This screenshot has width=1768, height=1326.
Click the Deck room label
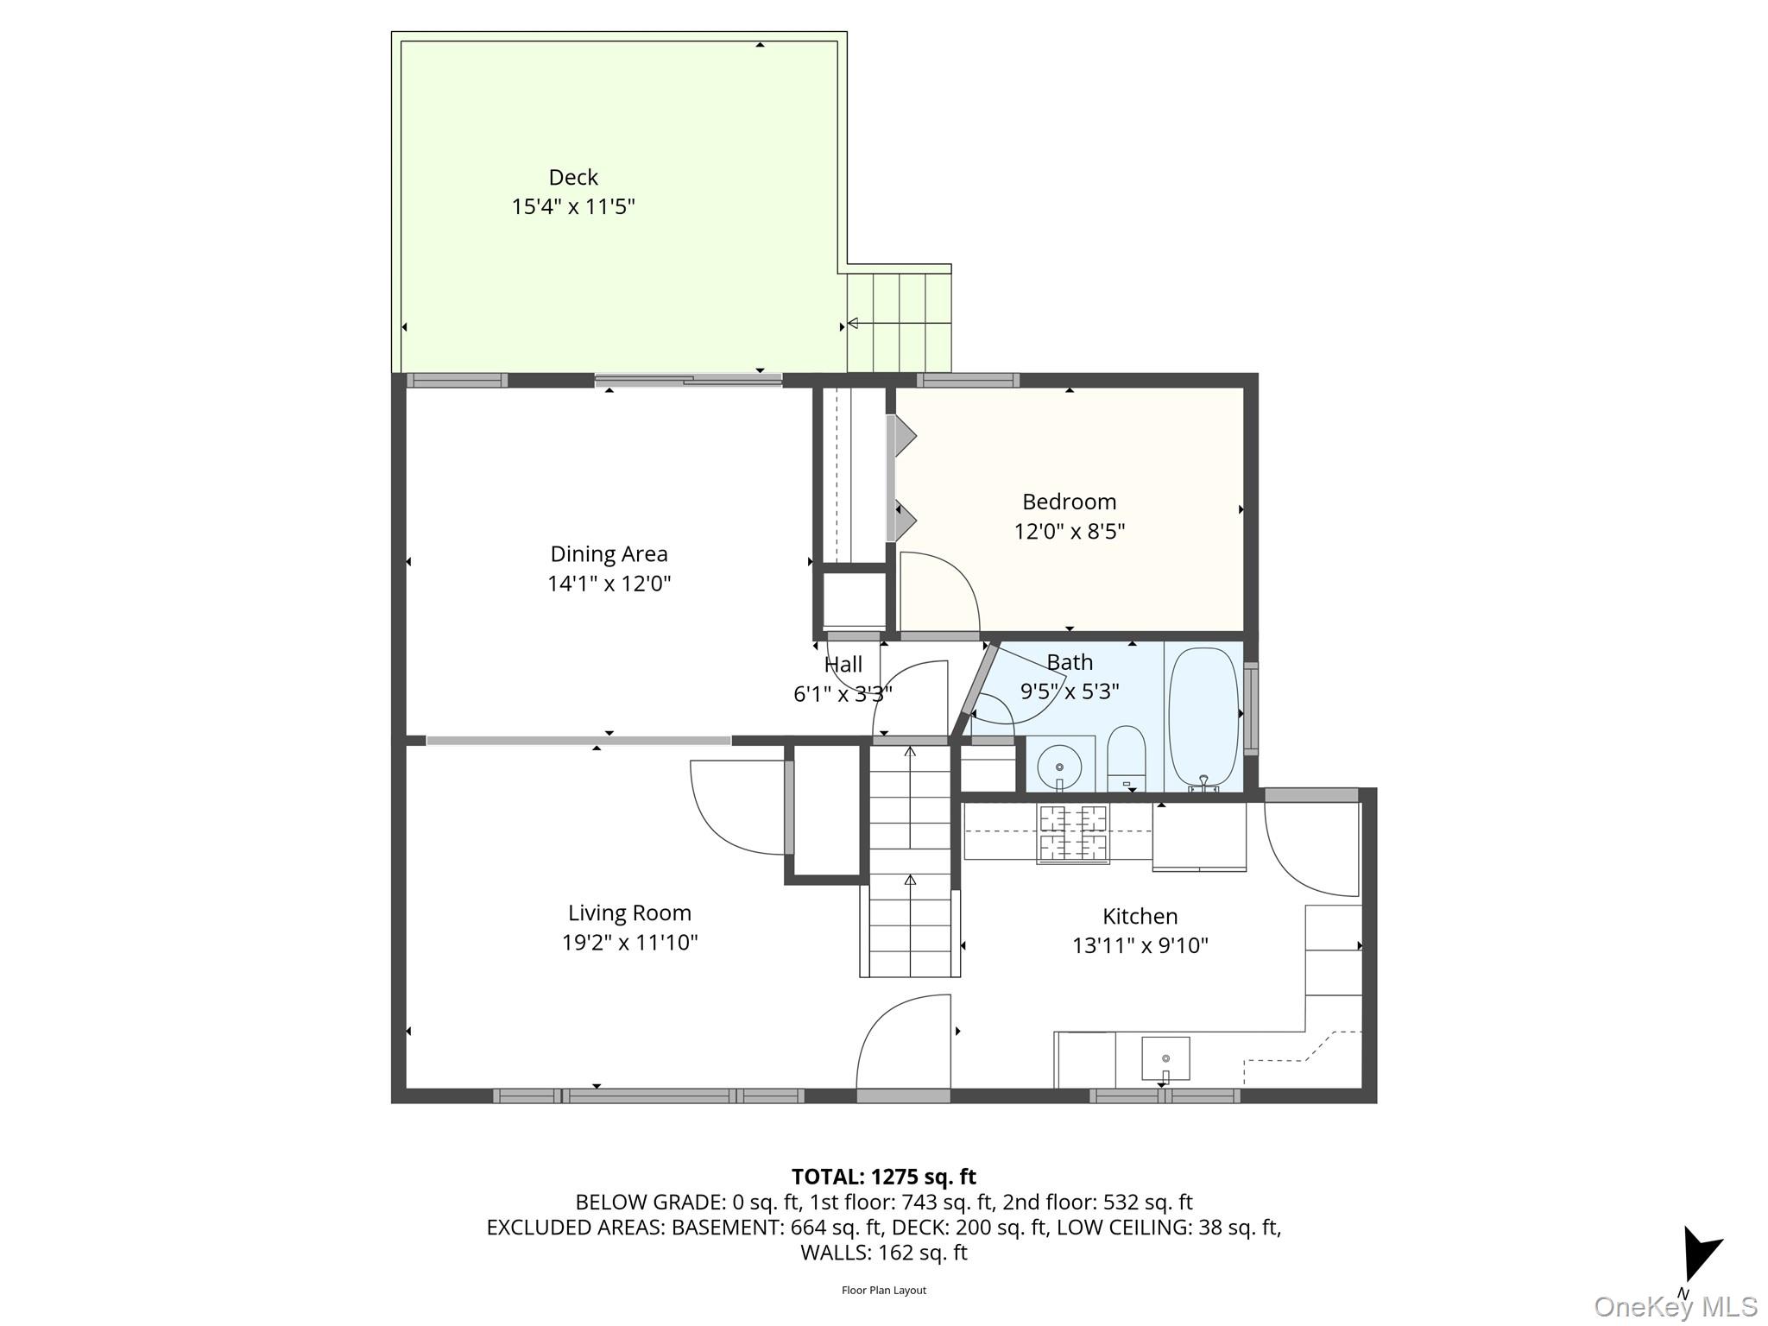click(573, 177)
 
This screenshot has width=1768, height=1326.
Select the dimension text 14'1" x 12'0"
click(609, 584)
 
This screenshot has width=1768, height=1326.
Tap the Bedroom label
click(1069, 502)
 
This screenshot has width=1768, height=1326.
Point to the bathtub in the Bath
click(1203, 717)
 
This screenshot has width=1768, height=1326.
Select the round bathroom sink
click(1059, 765)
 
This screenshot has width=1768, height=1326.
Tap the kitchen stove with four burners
click(1073, 833)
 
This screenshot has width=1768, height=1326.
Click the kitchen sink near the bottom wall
click(1165, 1058)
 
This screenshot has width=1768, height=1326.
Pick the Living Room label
click(629, 912)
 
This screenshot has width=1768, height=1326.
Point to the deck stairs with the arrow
click(898, 323)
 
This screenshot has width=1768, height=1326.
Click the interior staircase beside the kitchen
click(910, 863)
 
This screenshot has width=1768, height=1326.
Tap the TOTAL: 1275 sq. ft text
click(883, 1177)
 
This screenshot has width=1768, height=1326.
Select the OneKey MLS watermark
click(1675, 1306)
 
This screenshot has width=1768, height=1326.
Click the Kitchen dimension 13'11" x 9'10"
click(1140, 945)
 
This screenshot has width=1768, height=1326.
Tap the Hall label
click(843, 665)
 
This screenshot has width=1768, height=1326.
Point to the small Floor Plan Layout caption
click(883, 1291)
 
